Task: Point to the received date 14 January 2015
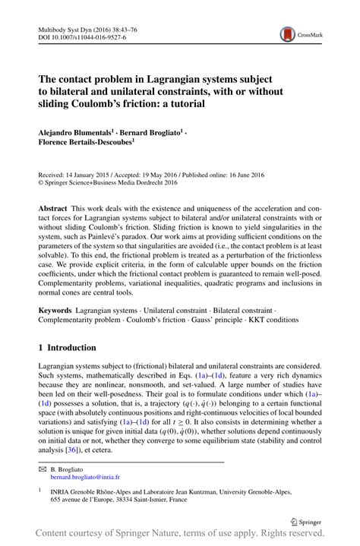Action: point(96,174)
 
